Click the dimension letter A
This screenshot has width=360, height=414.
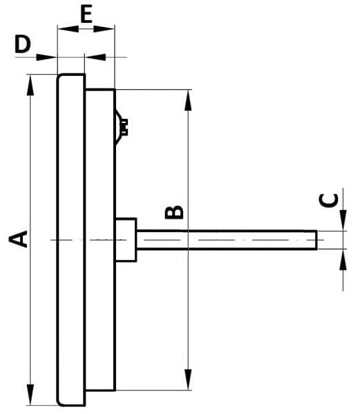point(18,239)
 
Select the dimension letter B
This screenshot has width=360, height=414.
point(174,212)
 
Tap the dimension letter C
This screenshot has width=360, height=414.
point(329,200)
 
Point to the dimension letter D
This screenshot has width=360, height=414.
point(23,44)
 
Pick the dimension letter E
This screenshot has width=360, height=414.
point(86,15)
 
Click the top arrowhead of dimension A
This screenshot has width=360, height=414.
point(30,84)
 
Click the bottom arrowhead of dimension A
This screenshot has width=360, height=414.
point(30,394)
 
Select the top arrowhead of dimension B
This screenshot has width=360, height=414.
point(188,100)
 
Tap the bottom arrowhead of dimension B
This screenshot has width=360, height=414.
point(188,379)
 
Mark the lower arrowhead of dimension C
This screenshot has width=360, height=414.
point(343,260)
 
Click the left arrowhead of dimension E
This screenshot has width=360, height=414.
point(68,29)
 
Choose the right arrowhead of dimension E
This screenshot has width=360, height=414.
point(104,29)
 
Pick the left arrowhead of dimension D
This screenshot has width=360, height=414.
point(46,57)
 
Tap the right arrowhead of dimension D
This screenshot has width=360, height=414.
point(95,57)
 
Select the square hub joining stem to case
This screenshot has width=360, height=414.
point(126,240)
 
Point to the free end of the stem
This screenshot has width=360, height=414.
point(316,240)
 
